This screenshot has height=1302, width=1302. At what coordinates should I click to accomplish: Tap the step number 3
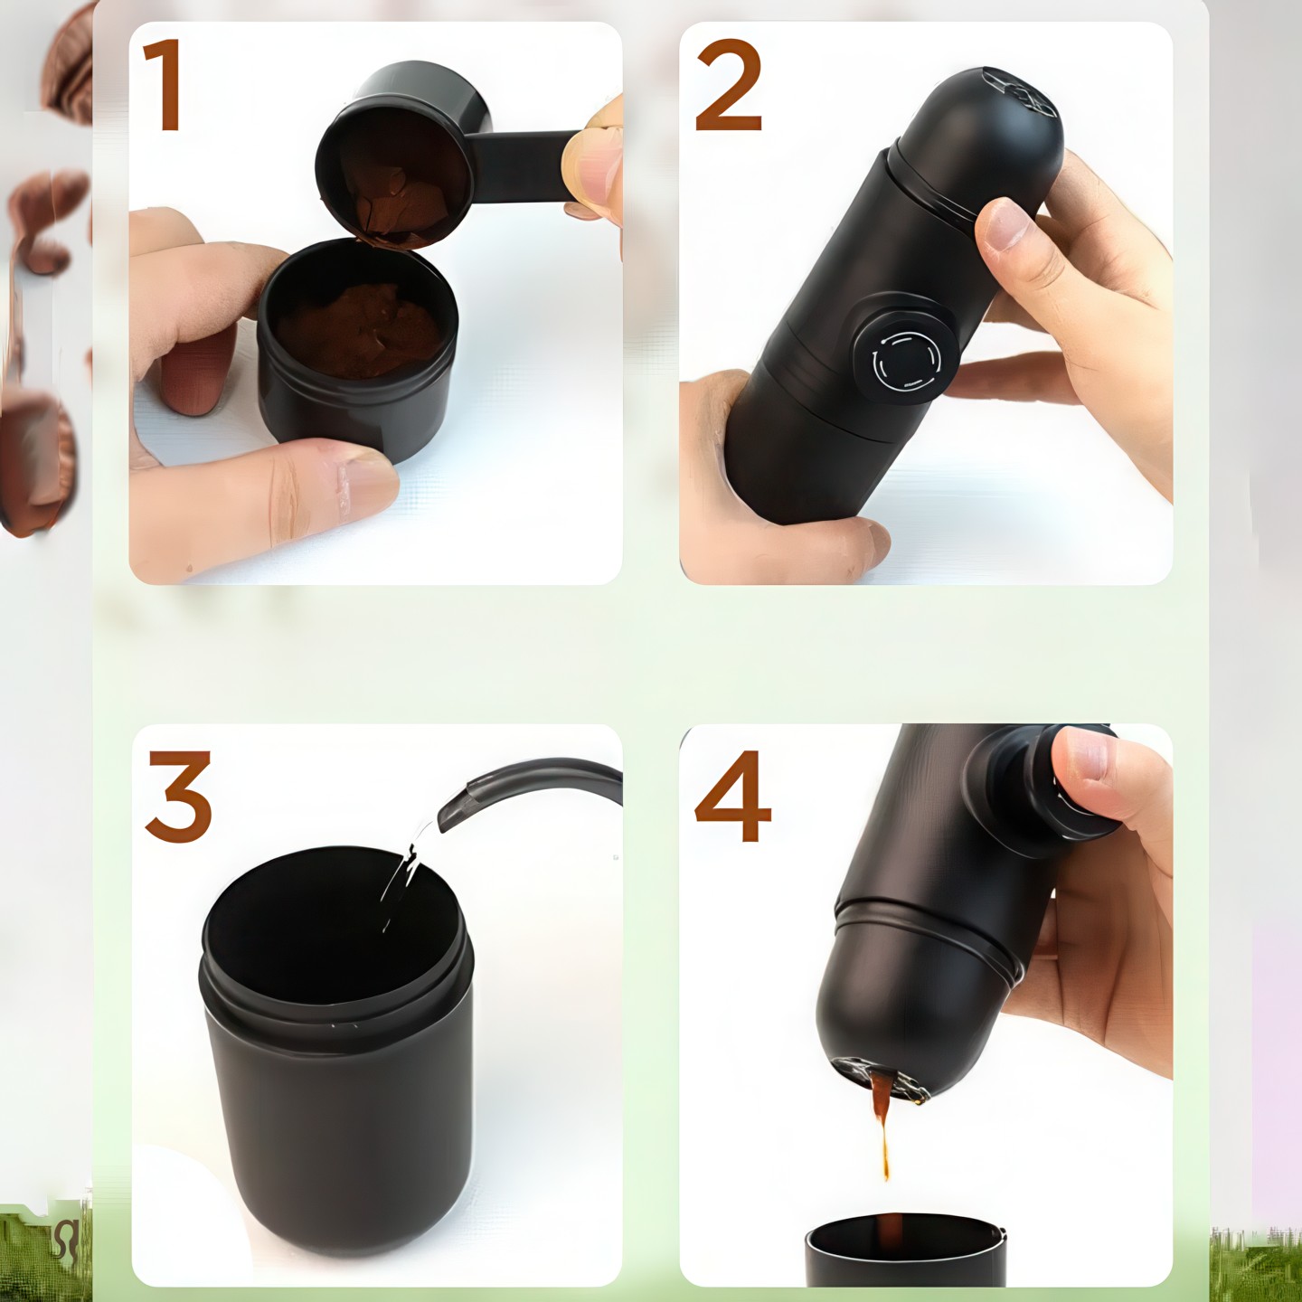click(179, 796)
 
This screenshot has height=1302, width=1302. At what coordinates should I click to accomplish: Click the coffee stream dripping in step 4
click(882, 1121)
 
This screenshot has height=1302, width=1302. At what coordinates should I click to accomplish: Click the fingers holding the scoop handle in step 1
click(595, 162)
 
